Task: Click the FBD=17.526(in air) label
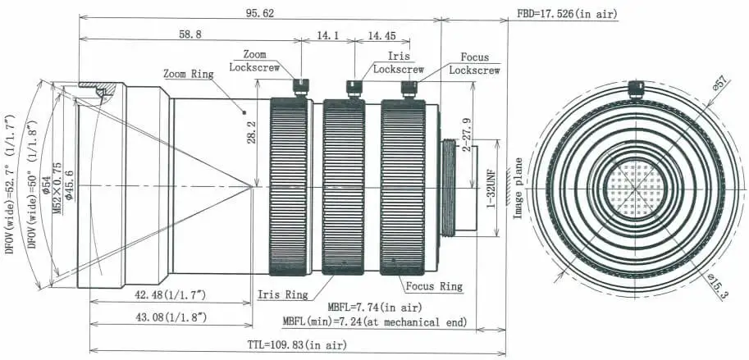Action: pyautogui.click(x=568, y=13)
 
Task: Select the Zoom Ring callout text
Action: pyautogui.click(x=188, y=73)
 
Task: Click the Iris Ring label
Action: pyautogui.click(x=283, y=293)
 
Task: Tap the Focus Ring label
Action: pyautogui.click(x=434, y=286)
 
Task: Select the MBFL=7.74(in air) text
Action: pyautogui.click(x=378, y=307)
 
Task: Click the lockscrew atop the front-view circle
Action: pyautogui.click(x=634, y=88)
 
